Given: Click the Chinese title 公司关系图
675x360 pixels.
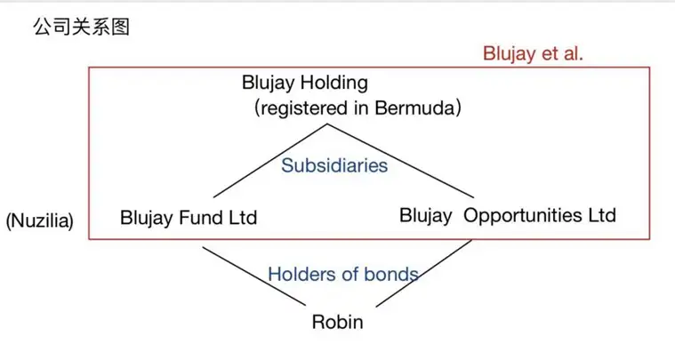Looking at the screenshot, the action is pos(81,27).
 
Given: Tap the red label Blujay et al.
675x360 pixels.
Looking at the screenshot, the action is pos(533,53).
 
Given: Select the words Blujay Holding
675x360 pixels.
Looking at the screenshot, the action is pos(305,83).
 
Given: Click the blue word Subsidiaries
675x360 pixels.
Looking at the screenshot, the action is pos(334,165).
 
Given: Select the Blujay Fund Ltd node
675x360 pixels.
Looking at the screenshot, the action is pos(189,218).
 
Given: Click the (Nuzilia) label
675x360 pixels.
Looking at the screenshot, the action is pos(40,220).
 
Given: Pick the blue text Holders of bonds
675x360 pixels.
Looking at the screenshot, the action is pos(343,275).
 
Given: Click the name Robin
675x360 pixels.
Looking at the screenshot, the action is pos(338,322).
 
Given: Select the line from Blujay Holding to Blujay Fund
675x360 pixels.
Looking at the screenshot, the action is pos(270,161).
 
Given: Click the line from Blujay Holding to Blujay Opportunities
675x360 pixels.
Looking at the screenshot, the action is pos(400,161).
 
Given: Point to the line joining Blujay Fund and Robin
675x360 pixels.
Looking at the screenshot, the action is pos(254,276).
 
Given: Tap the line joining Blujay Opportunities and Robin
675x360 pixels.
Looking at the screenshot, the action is pos(424,273).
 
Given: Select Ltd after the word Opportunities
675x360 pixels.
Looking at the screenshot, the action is pos(602,215).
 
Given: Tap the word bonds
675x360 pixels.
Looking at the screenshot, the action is pos(391,275).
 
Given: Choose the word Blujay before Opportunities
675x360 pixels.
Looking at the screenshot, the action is pos(426,216).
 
